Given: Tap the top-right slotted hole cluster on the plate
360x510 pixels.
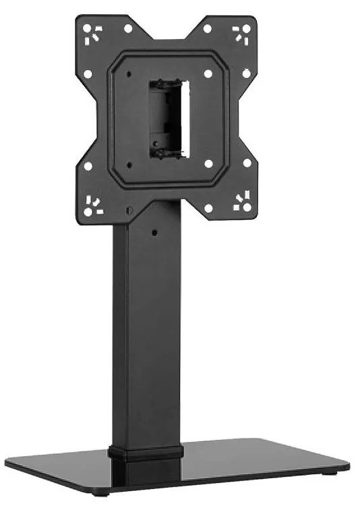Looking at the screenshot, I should click(241, 33).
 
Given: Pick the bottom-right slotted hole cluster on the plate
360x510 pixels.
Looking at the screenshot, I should click(241, 201).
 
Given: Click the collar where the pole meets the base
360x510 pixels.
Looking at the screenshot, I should click(146, 452).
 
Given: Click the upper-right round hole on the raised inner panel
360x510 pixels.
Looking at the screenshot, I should click(208, 73).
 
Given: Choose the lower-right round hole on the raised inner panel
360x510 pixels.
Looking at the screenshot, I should click(208, 164).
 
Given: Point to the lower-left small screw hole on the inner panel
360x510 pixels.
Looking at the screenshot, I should click(129, 165).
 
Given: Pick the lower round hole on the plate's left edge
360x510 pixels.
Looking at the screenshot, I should click(87, 165).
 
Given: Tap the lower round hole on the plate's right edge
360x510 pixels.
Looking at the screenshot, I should click(247, 163).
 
